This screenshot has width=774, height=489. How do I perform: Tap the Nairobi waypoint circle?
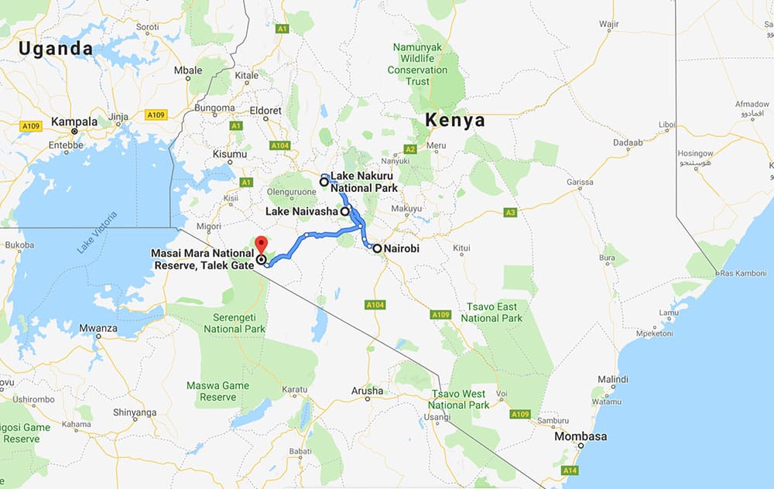(x=377, y=249)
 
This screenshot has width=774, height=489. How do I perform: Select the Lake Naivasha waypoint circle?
(x=344, y=210)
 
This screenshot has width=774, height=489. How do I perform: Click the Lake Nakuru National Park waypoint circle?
(x=325, y=182)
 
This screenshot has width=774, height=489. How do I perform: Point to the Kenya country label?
(x=454, y=121)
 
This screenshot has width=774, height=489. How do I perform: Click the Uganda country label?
(x=56, y=49)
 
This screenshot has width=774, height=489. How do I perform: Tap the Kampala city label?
(x=74, y=121)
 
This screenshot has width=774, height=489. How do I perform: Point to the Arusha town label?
(x=367, y=391)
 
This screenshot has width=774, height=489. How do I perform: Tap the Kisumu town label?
(x=229, y=154)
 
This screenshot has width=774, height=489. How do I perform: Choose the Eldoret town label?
(x=265, y=111)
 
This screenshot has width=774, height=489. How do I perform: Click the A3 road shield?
(x=509, y=212)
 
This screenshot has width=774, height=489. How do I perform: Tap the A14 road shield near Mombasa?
(x=570, y=470)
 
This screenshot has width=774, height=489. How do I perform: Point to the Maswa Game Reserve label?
(x=211, y=392)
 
